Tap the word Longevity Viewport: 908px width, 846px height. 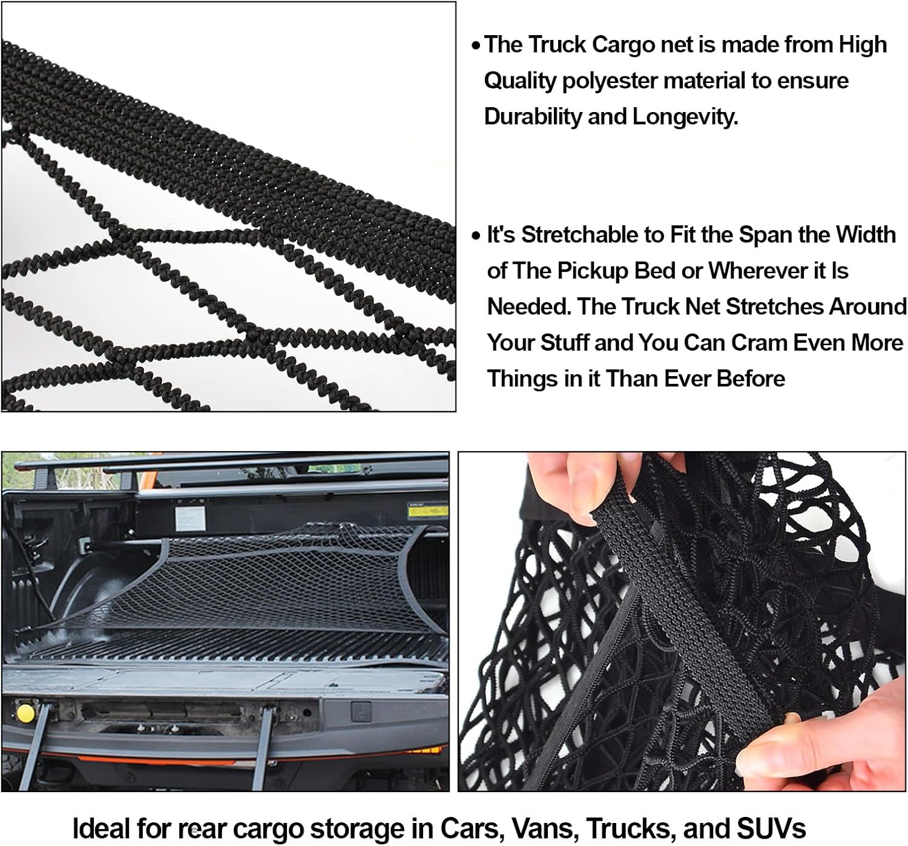click(685, 117)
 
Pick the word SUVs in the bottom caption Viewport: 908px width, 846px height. click(771, 827)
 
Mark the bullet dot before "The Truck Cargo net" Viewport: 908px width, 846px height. click(476, 46)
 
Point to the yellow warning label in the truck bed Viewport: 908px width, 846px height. click(417, 512)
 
